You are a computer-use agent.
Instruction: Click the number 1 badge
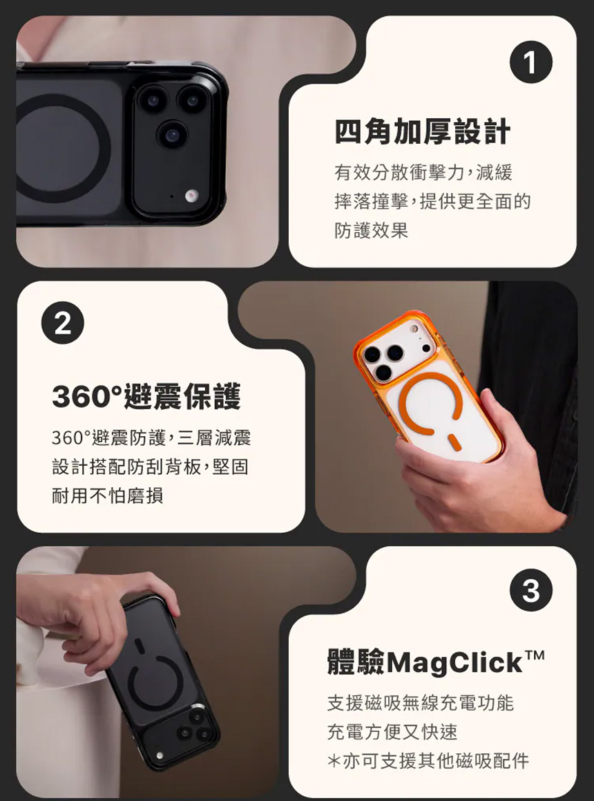pyautogui.click(x=530, y=62)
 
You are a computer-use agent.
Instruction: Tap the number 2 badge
pyautogui.click(x=63, y=323)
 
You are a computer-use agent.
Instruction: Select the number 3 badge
pyautogui.click(x=530, y=590)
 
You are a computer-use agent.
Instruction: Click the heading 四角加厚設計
pyautogui.click(x=423, y=131)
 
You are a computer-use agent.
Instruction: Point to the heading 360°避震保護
pyautogui.click(x=146, y=397)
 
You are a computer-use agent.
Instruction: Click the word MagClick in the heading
pyautogui.click(x=454, y=663)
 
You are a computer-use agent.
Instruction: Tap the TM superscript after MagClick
pyautogui.click(x=535, y=655)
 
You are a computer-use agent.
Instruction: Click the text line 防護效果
pyautogui.click(x=372, y=230)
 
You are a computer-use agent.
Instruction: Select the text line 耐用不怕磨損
pyautogui.click(x=107, y=495)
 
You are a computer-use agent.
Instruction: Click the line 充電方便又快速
pyautogui.click(x=392, y=731)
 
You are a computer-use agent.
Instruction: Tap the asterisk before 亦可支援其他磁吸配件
pyautogui.click(x=334, y=761)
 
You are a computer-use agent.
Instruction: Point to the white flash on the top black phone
pyautogui.click(x=191, y=195)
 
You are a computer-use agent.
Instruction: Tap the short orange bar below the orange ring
pyautogui.click(x=454, y=442)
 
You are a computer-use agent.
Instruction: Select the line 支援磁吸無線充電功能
pyautogui.click(x=421, y=703)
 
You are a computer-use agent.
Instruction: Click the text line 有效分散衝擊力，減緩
pyautogui.click(x=423, y=173)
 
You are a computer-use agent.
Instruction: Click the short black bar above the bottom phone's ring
pyautogui.click(x=139, y=645)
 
